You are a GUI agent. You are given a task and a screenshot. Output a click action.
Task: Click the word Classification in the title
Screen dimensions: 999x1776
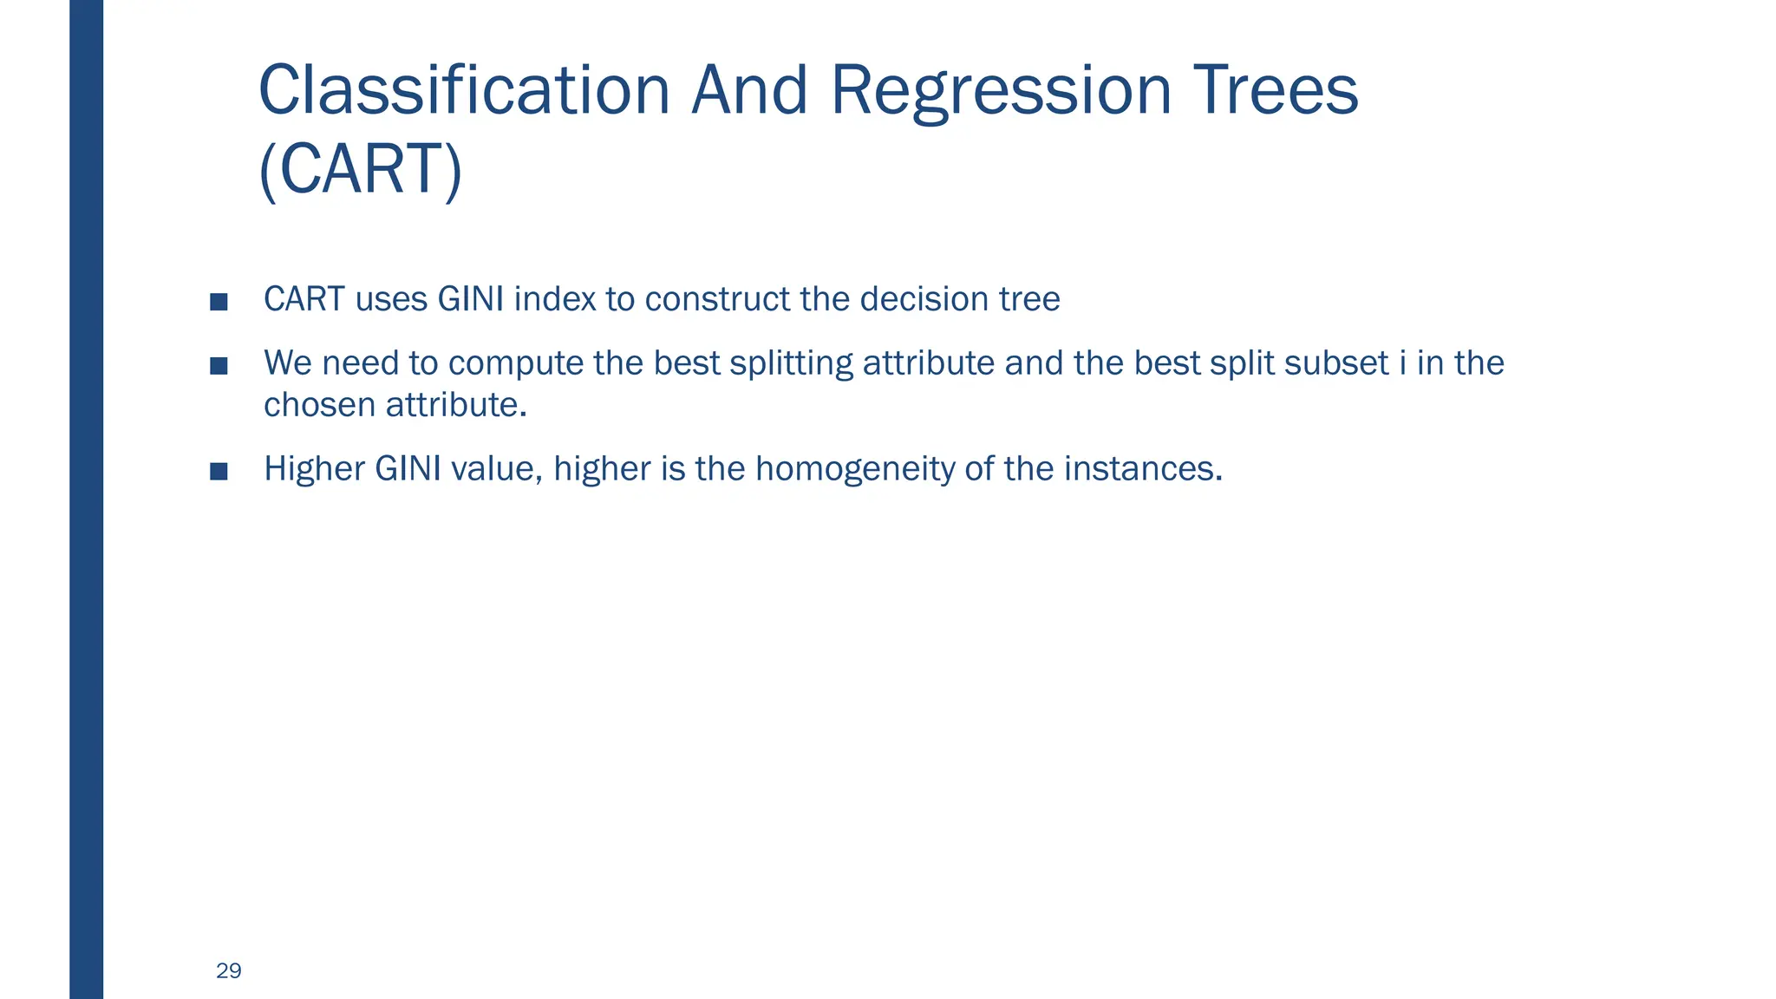464,90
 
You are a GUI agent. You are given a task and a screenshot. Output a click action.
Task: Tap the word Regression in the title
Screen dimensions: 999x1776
1001,90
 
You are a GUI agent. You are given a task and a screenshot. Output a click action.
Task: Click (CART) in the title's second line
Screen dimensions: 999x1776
361,169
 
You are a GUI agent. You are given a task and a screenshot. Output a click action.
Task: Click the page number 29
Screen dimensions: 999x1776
229,970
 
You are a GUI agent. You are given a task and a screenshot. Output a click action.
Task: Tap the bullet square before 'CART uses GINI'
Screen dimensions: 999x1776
219,302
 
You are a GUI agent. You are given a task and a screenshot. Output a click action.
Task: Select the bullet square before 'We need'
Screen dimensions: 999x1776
219,365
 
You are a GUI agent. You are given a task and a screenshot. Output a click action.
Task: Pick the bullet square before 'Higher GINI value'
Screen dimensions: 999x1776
219,471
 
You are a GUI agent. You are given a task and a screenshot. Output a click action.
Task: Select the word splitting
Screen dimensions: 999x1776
791,362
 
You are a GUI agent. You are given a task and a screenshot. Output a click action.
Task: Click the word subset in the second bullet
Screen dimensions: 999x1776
1336,362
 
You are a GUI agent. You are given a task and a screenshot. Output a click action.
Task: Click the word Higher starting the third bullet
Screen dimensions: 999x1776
314,468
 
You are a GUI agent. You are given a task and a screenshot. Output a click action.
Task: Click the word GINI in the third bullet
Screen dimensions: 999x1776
408,468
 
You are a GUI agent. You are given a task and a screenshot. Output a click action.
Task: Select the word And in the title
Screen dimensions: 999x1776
749,90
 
